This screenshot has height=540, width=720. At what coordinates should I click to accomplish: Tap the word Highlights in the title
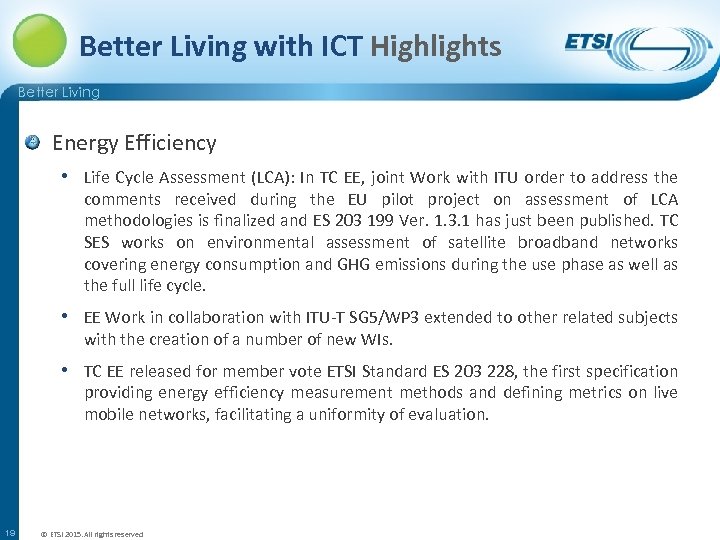coord(436,46)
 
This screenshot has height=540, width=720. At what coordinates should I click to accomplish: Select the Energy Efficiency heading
coord(134,143)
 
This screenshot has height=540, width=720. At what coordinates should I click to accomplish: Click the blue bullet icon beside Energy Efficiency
coord(33,143)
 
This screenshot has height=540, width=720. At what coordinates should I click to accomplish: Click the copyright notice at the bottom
coord(91,534)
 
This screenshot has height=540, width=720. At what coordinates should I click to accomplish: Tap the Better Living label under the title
coord(59,93)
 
